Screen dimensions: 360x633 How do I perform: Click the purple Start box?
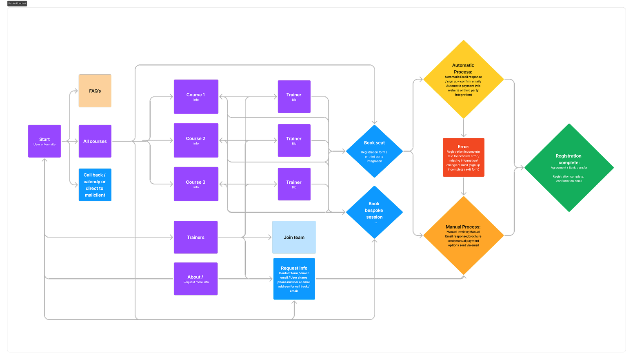tap(44, 141)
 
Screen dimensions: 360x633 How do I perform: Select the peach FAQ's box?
tap(95, 91)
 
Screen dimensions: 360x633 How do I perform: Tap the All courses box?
tap(95, 141)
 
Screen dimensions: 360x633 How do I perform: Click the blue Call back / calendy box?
tap(95, 185)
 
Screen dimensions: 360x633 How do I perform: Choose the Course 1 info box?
tap(196, 97)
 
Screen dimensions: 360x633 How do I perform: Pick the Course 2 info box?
tap(196, 140)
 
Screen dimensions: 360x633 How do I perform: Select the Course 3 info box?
tap(196, 184)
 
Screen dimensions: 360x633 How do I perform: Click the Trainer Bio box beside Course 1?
tap(294, 97)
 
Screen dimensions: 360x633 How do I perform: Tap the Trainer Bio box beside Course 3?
tap(294, 184)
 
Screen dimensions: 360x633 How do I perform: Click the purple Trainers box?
tap(195, 237)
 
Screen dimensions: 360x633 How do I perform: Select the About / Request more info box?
tap(195, 279)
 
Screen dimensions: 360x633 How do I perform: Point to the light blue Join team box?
tap(294, 237)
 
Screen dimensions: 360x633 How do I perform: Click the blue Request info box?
tap(294, 279)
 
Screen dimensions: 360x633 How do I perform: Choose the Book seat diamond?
tap(374, 151)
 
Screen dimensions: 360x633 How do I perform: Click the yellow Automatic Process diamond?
tap(463, 80)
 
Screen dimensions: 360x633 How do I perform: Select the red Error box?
tap(463, 157)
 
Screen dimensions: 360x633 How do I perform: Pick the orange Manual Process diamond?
tap(463, 236)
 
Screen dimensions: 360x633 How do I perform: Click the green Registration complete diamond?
tap(569, 168)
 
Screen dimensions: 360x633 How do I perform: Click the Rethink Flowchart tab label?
tap(17, 3)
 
